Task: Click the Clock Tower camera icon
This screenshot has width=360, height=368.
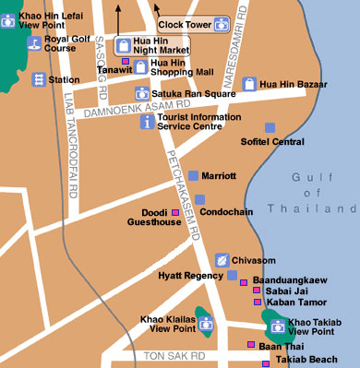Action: (221, 24)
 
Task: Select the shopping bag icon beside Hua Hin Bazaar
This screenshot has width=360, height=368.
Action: (248, 84)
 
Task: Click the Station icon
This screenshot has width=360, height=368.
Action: (39, 79)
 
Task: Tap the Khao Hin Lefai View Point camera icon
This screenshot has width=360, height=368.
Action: (8, 18)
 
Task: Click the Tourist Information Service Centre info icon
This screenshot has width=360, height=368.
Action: (146, 122)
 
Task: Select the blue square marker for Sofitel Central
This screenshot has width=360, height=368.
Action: (270, 127)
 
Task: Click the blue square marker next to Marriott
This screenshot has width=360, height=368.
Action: (193, 174)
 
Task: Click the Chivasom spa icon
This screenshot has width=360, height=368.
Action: (221, 260)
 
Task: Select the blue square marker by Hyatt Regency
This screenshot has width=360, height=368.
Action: (232, 275)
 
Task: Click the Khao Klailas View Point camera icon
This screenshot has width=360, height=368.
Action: (206, 324)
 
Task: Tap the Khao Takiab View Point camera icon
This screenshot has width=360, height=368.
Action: (277, 324)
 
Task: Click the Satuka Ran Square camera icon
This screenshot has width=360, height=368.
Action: (141, 92)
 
